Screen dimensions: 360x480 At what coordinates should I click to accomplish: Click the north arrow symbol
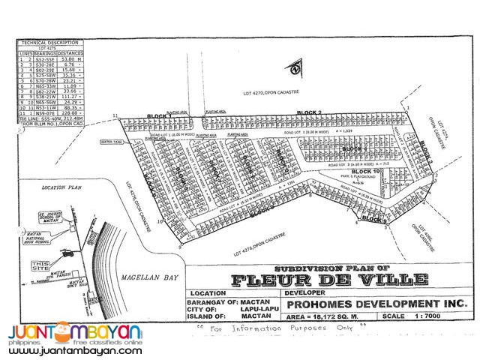coord(298,68)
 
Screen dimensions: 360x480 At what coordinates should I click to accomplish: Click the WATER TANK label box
coord(110,139)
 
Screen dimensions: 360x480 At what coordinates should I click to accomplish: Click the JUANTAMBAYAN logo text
coord(75,331)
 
